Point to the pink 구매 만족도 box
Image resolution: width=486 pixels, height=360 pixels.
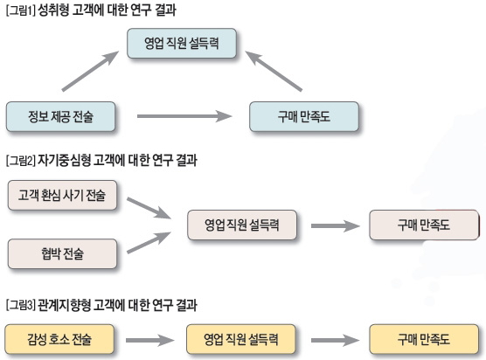point(423,225)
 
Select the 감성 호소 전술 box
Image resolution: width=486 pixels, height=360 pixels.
point(59,337)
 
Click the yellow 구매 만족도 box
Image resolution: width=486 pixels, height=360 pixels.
point(423,337)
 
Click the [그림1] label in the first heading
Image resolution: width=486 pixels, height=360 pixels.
point(20,9)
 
